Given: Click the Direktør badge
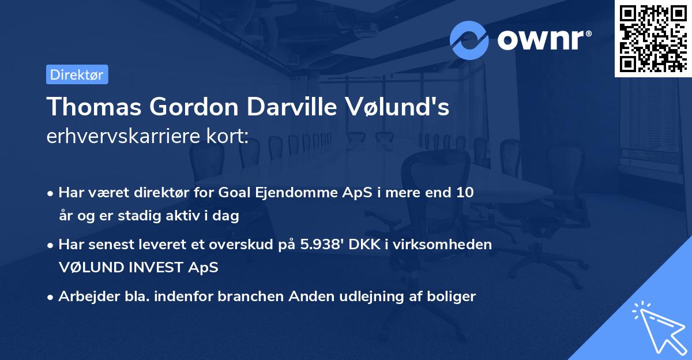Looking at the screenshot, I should coord(77,74).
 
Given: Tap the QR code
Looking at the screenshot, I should coord(653,39).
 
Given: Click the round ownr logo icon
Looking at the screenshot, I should coord(469,40).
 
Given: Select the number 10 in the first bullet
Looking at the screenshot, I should coord(464,193).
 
